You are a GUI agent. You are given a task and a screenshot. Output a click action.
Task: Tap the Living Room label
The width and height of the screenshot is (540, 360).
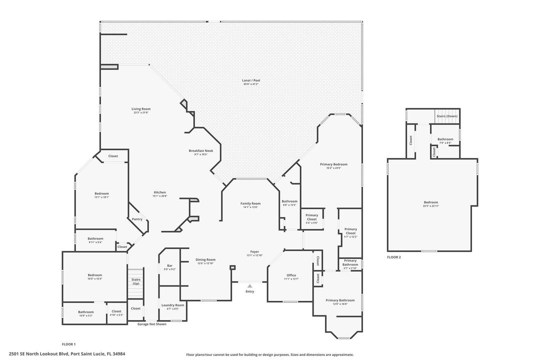[141, 109]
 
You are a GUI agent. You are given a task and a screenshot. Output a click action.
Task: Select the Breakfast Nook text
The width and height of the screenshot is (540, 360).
[201, 150]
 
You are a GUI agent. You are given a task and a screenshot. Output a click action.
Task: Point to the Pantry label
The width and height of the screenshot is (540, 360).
[137, 219]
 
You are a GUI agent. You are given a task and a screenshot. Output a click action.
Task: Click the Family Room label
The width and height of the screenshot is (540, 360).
[250, 203]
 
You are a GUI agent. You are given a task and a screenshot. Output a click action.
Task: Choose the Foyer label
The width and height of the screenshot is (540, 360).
[254, 251]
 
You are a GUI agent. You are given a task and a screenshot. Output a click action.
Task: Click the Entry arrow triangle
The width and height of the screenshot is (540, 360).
[249, 286]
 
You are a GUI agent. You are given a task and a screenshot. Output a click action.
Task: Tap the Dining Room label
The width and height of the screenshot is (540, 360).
[205, 259]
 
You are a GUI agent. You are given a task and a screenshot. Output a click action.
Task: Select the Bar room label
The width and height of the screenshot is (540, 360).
[170, 266]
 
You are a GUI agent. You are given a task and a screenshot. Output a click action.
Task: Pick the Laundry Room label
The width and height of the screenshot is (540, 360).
[172, 305]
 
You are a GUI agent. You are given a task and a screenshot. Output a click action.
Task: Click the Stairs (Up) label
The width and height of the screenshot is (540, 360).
[136, 281]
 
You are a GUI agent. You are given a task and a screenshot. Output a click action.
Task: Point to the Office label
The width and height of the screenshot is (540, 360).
[291, 275]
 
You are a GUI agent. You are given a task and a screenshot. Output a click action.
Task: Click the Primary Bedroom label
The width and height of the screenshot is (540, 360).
[333, 164]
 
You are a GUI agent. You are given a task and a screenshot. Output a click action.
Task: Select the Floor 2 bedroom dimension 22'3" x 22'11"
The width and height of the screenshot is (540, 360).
[431, 206]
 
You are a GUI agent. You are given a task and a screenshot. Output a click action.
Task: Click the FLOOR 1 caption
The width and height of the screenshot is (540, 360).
[68, 344]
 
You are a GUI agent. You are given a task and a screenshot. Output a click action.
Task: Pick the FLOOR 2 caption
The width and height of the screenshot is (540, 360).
[394, 257]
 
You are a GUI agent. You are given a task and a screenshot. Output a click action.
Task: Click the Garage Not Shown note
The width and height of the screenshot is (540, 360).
[152, 324]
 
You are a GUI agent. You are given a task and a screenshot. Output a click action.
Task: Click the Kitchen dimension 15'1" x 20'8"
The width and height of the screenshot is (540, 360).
[159, 196]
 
